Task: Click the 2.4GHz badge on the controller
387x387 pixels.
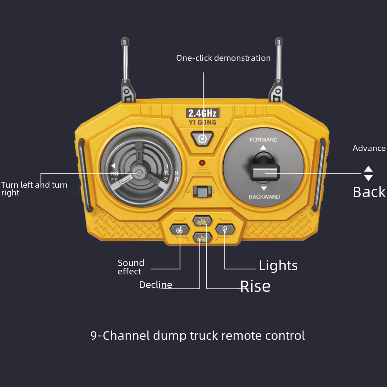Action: tap(203, 113)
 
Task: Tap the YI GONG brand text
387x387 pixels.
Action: tap(202, 123)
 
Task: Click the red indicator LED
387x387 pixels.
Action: tap(202, 163)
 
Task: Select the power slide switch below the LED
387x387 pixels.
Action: tap(202, 191)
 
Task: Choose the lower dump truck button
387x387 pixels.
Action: tap(202, 238)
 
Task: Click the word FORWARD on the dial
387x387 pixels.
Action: tap(264, 140)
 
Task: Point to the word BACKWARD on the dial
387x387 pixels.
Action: tap(264, 197)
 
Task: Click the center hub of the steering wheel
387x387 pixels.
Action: tap(138, 171)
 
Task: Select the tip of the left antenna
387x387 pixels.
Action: tap(125, 40)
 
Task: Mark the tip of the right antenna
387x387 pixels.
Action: tap(279, 40)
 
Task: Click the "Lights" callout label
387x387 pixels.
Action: tap(278, 265)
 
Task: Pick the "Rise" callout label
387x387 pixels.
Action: tap(255, 286)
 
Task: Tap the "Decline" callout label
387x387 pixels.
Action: tap(156, 285)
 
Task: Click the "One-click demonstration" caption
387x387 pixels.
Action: tap(223, 58)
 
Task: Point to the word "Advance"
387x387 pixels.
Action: tap(369, 148)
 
